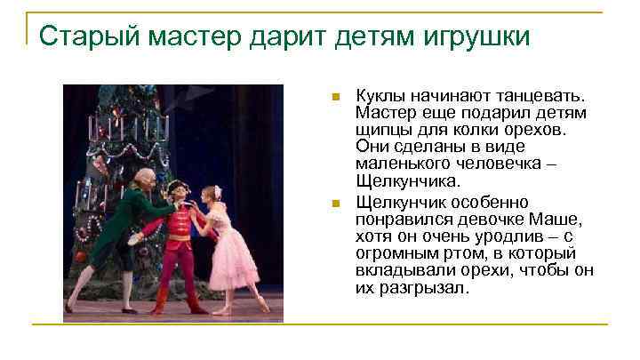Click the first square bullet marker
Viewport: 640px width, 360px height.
333,95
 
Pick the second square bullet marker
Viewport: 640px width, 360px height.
333,204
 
